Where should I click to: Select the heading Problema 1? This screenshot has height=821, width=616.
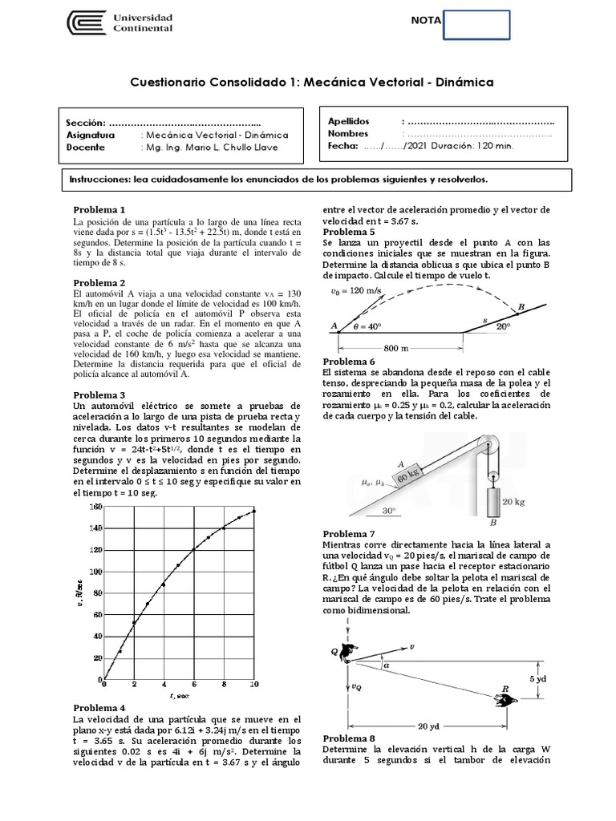click(x=99, y=208)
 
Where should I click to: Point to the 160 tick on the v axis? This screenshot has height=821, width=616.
click(x=96, y=507)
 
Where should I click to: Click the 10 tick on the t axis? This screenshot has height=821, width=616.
click(x=254, y=685)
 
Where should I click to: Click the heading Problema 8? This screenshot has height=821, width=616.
click(x=348, y=738)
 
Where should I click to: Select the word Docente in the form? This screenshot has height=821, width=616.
click(x=86, y=148)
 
